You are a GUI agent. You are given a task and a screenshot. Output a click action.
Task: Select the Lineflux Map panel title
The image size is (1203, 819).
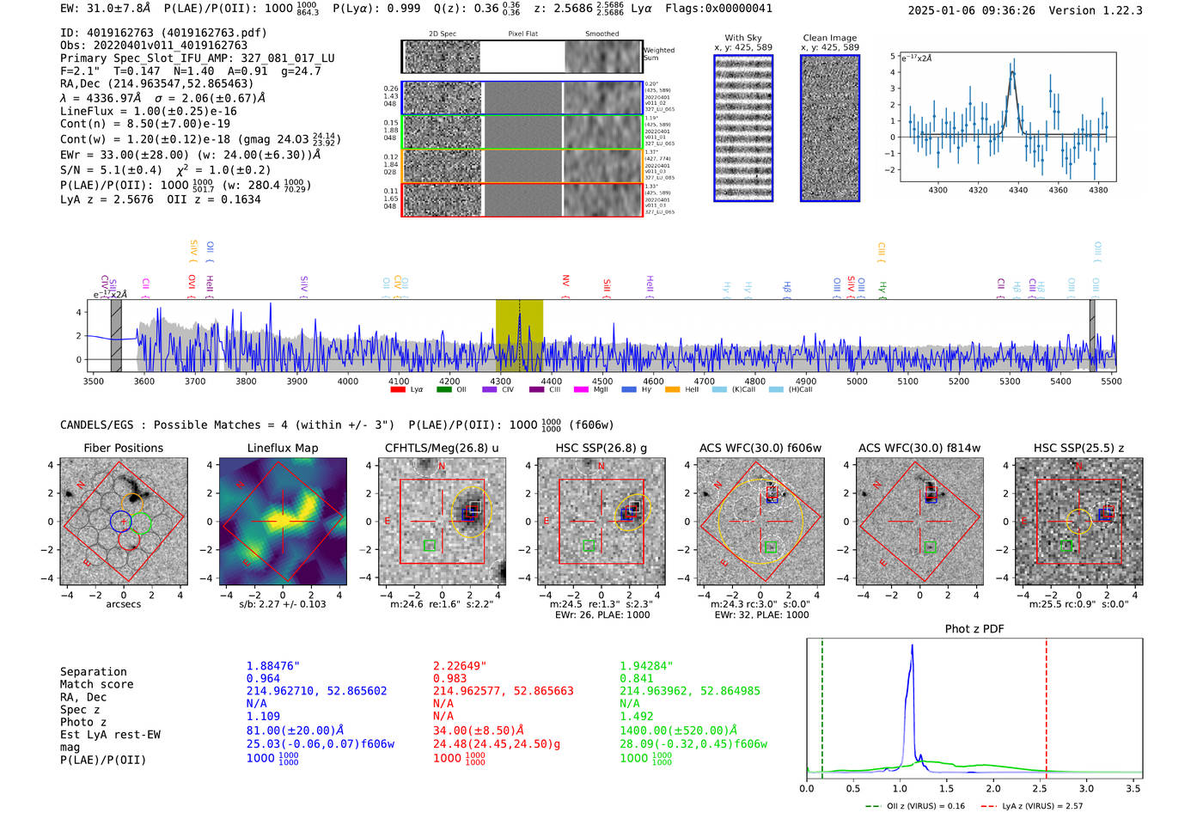(282, 448)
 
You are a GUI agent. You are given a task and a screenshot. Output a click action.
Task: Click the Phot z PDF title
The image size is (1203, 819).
(974, 629)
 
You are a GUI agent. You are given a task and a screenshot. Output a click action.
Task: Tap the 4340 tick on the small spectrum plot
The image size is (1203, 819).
(1018, 190)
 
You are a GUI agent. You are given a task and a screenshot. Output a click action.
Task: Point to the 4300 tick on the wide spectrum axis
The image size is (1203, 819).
(501, 381)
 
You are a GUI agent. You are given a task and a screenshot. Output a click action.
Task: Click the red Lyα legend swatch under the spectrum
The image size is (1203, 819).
(398, 390)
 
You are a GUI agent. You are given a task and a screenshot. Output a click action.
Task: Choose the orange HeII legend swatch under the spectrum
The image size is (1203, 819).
(672, 390)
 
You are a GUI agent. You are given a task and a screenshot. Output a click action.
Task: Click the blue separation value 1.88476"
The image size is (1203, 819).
(272, 666)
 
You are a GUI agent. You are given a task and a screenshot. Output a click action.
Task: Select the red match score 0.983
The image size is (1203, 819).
(450, 679)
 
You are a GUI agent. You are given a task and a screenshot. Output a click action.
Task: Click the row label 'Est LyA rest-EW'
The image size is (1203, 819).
(110, 735)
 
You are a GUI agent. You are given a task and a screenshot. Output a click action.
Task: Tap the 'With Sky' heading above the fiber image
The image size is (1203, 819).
(742, 38)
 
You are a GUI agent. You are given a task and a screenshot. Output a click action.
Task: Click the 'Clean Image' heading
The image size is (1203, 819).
(829, 38)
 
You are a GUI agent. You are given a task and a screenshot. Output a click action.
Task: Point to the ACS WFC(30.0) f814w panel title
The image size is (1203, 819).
(919, 448)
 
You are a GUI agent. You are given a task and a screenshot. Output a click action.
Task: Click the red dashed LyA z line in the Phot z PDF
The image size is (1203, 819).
(1047, 705)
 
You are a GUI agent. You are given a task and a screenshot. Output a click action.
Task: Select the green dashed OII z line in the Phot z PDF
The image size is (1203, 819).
(822, 705)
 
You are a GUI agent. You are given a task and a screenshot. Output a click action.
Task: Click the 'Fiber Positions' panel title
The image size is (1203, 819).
(123, 448)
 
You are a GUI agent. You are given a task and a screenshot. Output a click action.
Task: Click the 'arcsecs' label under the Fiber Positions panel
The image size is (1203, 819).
(123, 604)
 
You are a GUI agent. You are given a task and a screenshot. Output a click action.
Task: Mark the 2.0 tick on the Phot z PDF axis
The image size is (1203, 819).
(993, 788)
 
